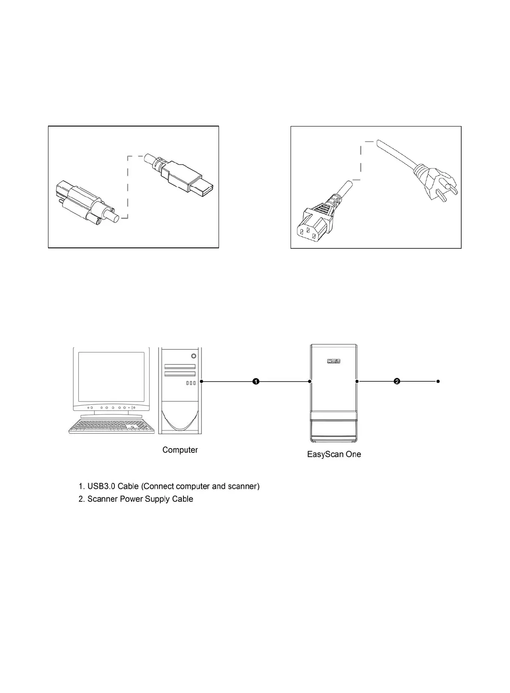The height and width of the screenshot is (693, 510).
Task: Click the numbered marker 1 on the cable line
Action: coord(256,381)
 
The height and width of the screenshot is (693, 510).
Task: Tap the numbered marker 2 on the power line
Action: coord(397,381)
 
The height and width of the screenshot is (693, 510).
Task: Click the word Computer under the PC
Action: coord(180,450)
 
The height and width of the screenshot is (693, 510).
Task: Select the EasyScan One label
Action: coord(334,454)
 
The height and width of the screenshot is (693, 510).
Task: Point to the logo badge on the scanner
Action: coord(333,362)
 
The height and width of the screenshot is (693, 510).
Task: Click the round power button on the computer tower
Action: coord(194,356)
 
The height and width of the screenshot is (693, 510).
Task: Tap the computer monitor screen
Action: coord(111,376)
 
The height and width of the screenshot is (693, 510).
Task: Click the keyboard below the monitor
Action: coord(111,426)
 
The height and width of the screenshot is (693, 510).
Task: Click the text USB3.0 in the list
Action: coord(102,486)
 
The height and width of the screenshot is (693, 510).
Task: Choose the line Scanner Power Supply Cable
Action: coord(140,499)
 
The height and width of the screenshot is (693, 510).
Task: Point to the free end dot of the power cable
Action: coord(438,381)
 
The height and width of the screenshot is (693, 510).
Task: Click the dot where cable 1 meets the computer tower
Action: coord(201,381)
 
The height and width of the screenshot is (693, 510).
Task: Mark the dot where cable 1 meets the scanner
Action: coord(310,381)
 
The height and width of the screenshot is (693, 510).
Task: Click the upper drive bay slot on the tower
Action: coord(180,367)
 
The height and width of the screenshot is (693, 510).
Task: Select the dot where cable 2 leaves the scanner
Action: coord(357,381)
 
